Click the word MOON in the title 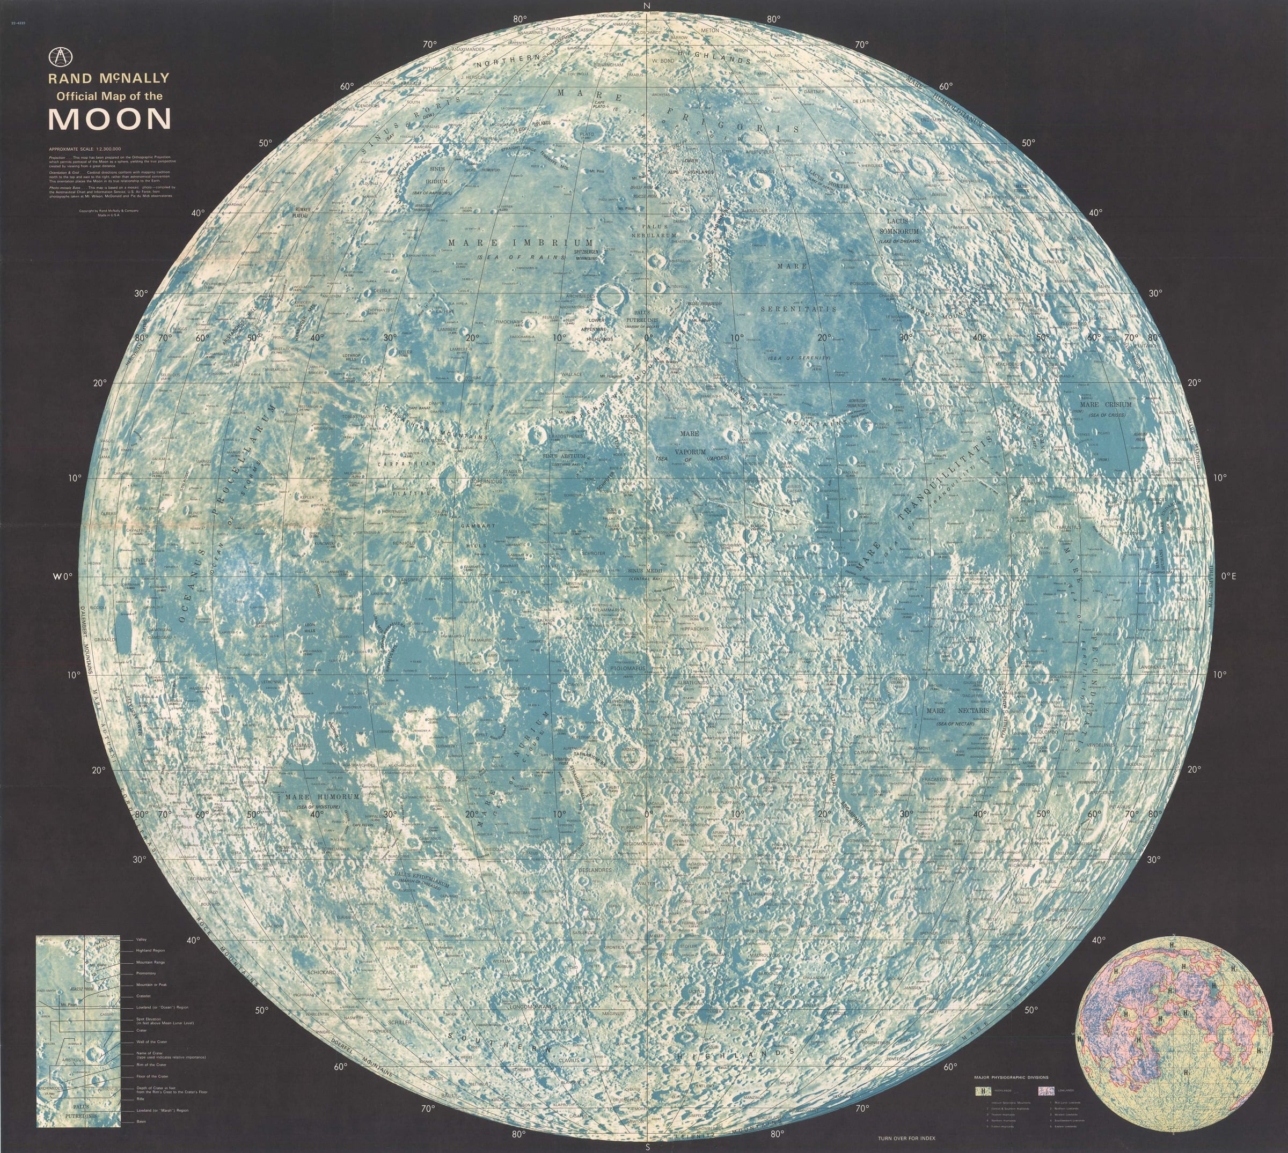coord(109,119)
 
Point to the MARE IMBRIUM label coord(521,242)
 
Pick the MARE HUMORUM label coord(322,796)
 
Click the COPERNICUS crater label coord(486,481)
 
